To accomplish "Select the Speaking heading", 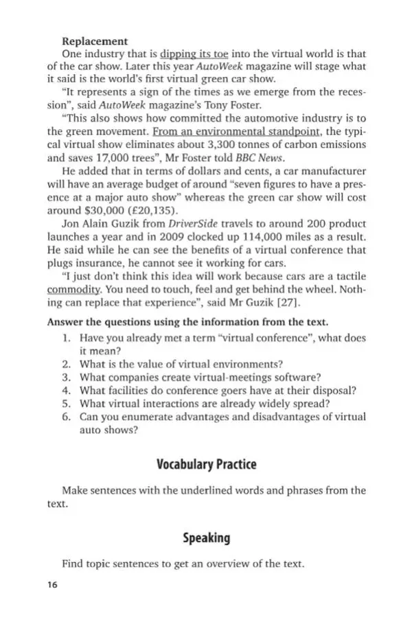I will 206,538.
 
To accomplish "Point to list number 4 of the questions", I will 67,391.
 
